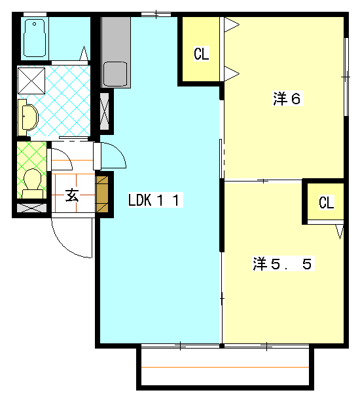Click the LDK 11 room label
[156, 200]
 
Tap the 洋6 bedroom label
[287, 98]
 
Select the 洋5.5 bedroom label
[283, 263]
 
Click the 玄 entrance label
[72, 195]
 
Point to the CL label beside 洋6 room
[202, 54]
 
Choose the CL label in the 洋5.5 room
[326, 202]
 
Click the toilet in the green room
[32, 183]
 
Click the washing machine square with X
[31, 81]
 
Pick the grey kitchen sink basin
[115, 73]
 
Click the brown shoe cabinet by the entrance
[102, 195]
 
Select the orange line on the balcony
[225, 367]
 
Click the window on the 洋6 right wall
[346, 77]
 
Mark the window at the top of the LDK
[156, 14]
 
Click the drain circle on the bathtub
[35, 24]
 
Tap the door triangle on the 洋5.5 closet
[340, 231]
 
